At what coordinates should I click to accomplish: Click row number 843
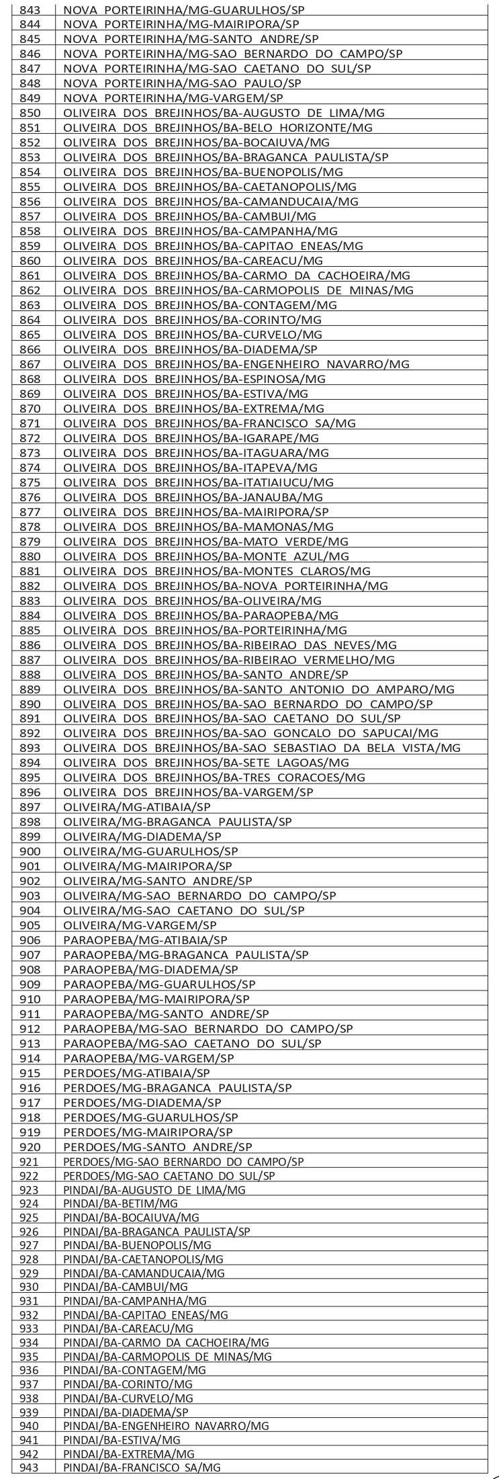click(x=30, y=10)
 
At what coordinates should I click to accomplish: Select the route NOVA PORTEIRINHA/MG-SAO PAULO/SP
click(x=182, y=83)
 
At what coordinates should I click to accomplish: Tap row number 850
click(x=30, y=113)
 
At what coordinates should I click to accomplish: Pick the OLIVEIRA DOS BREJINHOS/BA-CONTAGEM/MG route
click(x=210, y=305)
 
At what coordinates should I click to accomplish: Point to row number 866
click(x=30, y=349)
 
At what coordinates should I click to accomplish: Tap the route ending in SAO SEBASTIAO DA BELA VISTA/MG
click(x=262, y=749)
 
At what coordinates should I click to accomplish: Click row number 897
click(x=30, y=807)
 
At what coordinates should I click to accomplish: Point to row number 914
click(x=30, y=1058)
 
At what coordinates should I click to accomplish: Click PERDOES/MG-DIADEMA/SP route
click(x=142, y=1103)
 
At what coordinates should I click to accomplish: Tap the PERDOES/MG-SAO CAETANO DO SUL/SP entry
click(x=169, y=1176)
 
